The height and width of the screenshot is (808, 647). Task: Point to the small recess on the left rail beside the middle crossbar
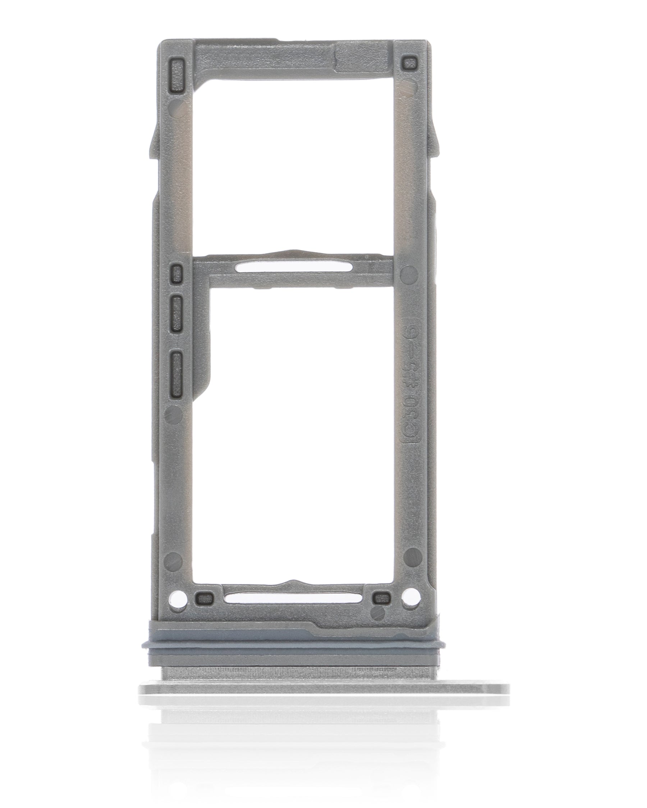pos(175,273)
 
